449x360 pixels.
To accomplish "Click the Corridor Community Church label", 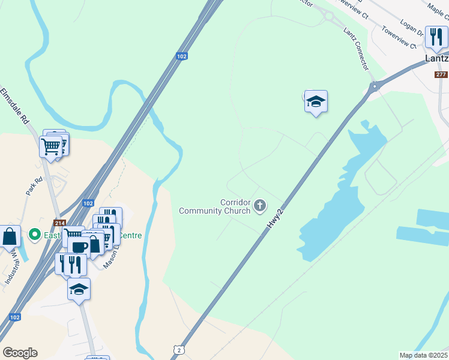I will coord(214,206).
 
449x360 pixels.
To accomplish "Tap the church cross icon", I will coord(260,206).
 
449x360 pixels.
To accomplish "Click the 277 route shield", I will coord(441,74).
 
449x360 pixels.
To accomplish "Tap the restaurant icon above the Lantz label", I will coord(435,37).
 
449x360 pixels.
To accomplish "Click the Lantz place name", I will coord(436,59).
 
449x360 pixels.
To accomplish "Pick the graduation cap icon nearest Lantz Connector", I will coord(316,101).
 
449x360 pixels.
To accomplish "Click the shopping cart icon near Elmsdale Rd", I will coord(50,145).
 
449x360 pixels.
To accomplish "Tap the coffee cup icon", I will coord(79,246).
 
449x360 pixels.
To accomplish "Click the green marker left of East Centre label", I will coord(35,235).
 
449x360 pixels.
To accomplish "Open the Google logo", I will coord(20,352).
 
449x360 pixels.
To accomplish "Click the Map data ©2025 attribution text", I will coord(423,355).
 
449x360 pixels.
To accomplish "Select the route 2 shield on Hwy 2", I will coord(179,349).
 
